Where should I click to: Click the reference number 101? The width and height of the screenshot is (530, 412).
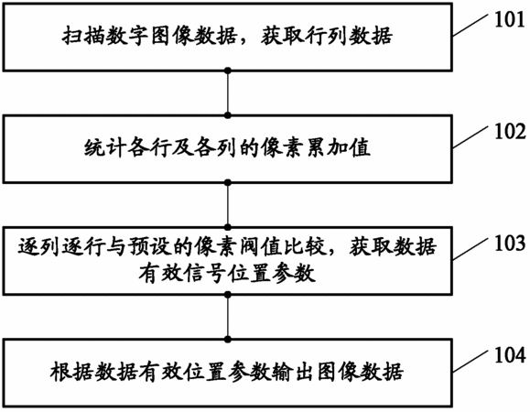510,19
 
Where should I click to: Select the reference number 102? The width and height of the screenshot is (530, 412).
510,132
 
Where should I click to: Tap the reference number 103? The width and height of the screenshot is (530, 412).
510,244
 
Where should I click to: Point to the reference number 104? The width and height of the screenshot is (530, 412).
510,355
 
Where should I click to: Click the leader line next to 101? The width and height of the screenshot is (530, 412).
471,25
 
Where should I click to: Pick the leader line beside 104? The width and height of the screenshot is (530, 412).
471,361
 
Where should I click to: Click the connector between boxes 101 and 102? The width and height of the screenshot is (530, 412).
228,93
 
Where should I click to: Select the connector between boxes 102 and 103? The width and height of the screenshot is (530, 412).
228,205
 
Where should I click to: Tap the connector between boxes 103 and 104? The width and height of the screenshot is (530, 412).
228,317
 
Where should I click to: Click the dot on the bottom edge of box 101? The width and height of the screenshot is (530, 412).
228,70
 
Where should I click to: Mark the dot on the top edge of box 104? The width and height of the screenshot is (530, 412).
228,339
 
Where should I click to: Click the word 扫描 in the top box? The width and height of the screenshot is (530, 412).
82,36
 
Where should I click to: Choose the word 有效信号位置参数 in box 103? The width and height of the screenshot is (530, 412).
227,274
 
